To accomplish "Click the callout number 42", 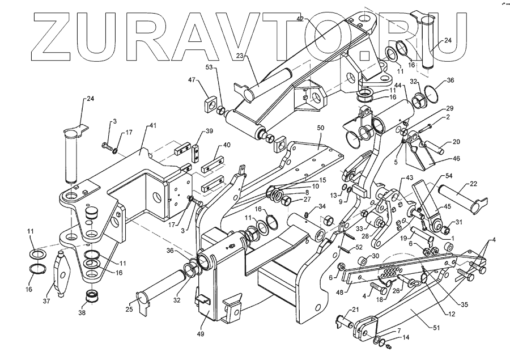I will coord(316,19).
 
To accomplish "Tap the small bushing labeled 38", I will coord(90,297).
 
